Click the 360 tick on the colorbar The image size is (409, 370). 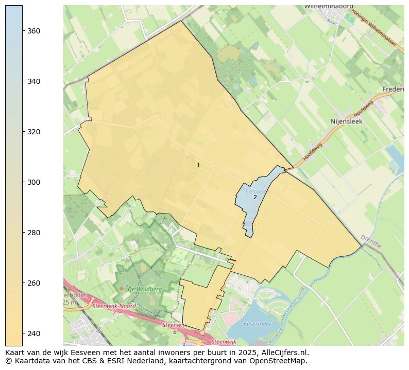point(33,31)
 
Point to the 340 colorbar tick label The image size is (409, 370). point(33,81)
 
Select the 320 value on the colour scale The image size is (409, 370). point(33,132)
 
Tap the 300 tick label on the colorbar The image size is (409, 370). point(33,182)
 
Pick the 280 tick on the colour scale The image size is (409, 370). point(33,233)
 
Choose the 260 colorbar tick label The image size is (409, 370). point(33,283)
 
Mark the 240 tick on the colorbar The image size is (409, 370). point(33,333)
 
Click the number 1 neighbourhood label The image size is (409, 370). point(198,165)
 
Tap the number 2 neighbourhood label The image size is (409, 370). point(255,197)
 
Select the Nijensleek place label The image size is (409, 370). point(346,121)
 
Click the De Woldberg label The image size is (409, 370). point(145,289)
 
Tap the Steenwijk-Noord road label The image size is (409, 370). point(114,306)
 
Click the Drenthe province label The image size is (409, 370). point(371,241)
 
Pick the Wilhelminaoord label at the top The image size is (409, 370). point(329,6)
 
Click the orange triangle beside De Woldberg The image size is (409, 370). point(122,288)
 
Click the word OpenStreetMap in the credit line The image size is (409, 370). point(282,361)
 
